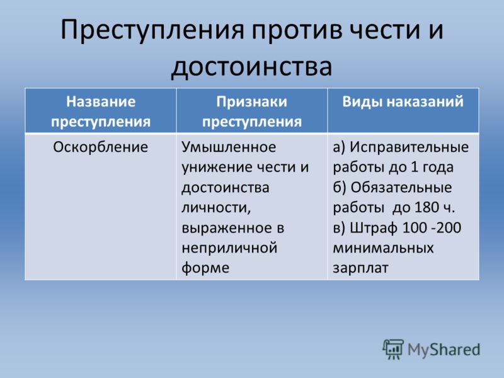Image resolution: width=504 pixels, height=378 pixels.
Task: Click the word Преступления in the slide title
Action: pos(152,30)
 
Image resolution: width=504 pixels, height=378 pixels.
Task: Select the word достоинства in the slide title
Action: pos(251,67)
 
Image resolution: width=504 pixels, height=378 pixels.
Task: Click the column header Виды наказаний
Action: pos(403,101)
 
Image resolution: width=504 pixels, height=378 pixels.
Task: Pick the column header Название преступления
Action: pos(101,112)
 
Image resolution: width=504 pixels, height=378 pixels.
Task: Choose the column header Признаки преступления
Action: pos(251,112)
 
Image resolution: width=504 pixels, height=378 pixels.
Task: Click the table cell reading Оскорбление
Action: pos(101,147)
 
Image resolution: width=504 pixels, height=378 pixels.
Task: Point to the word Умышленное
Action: pos(229,147)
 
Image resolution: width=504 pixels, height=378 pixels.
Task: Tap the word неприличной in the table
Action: pos(229,248)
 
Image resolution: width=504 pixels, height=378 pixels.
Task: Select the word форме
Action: pos(205,268)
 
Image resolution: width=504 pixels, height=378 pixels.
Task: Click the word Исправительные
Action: pos(409,147)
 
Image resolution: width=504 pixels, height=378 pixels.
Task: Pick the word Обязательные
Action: pos(401,187)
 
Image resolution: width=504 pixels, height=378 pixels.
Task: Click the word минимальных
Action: pos(383,248)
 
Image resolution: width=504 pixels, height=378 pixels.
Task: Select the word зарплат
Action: pos(360,268)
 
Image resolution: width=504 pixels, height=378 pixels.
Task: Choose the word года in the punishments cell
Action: pos(438,168)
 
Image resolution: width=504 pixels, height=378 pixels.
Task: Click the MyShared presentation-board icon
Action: pos(393,349)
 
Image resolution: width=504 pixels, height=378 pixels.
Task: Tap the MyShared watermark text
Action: pos(444,350)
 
